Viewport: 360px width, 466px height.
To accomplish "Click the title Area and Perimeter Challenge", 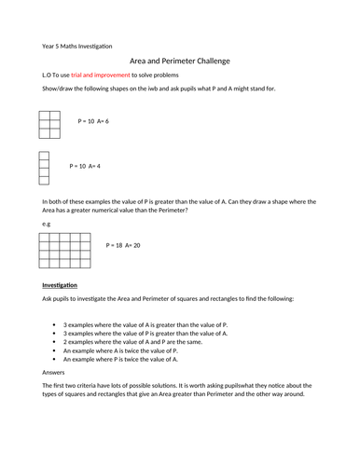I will click(x=180, y=61).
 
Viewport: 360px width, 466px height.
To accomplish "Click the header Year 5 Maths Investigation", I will click(x=76, y=46).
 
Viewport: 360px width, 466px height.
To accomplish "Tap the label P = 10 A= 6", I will click(x=94, y=121).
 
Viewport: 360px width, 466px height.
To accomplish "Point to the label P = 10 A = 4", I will click(x=85, y=166).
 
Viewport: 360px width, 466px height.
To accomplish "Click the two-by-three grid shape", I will click(x=50, y=124).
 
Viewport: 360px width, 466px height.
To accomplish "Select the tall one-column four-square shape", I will click(x=43, y=168).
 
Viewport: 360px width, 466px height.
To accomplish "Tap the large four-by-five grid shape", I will click(x=65, y=250).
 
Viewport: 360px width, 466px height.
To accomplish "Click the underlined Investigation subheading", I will click(x=60, y=284).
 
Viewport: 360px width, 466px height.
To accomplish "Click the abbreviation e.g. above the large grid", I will click(x=46, y=224).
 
